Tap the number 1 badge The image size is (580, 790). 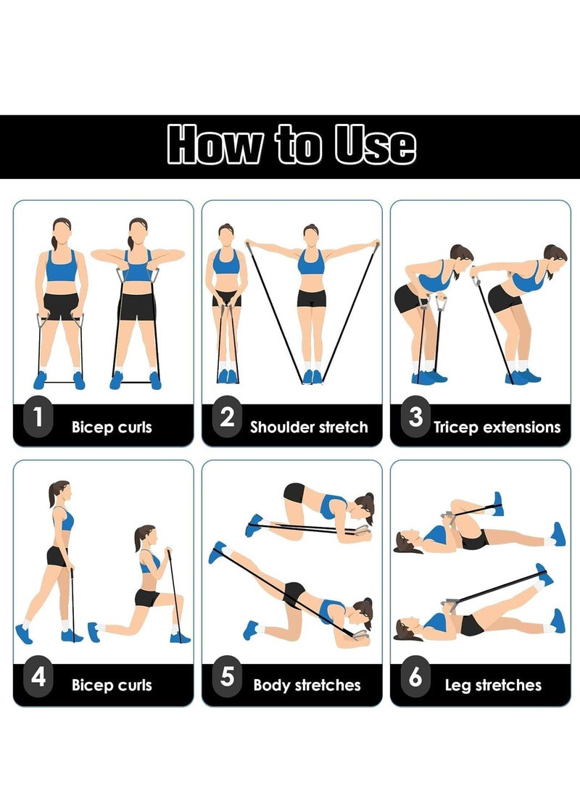38,417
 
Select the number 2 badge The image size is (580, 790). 227,417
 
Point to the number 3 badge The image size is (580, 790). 415,417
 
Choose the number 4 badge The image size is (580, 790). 38,677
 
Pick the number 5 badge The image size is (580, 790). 227,677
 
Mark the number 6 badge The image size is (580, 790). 415,677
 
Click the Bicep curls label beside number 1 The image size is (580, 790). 112,427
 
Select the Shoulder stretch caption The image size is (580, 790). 309,427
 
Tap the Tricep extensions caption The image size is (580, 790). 497,427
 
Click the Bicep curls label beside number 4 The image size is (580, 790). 112,685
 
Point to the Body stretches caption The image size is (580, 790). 307,685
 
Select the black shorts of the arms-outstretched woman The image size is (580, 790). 311,298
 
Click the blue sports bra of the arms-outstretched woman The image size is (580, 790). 311,262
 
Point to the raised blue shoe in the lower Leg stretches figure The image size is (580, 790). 543,575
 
